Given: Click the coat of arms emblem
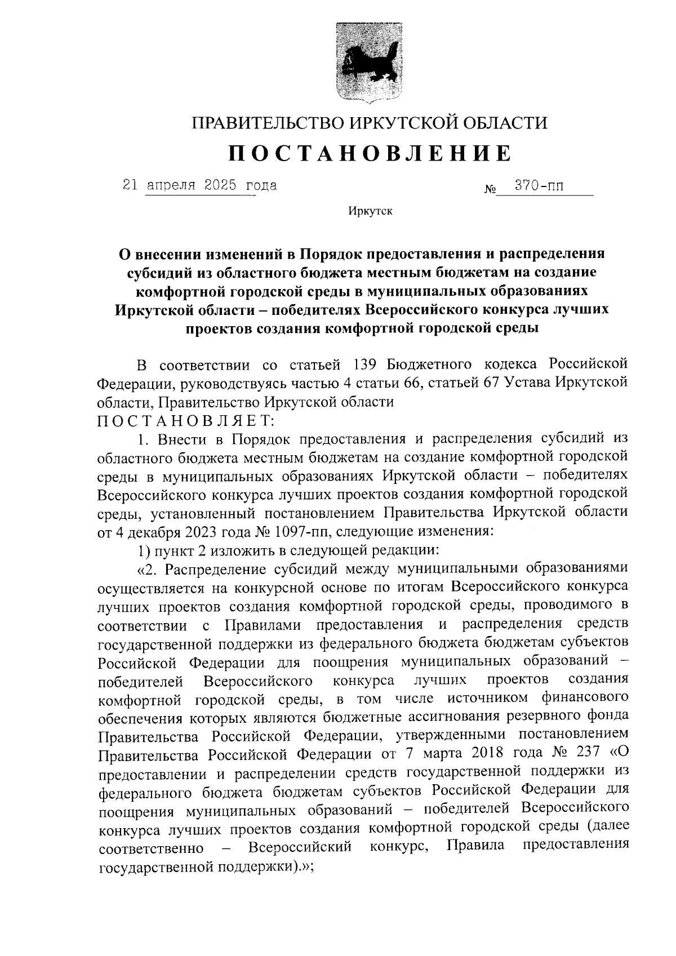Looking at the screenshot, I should point(369,63).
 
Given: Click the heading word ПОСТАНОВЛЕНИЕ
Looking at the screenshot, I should point(370,153).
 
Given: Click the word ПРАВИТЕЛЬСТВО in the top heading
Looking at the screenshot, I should point(265,122).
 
